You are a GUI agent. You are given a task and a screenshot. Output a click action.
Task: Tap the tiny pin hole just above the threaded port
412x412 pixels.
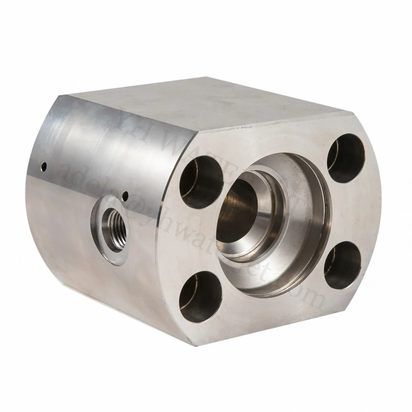tap(126, 195)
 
